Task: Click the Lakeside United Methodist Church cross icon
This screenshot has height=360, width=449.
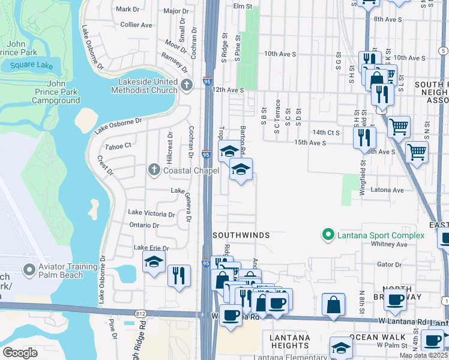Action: pos(186,85)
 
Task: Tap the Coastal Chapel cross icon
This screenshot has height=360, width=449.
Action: pos(154,171)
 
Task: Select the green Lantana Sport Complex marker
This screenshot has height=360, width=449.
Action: pos(328,235)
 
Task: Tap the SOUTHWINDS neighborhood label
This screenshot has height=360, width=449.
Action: pos(240,235)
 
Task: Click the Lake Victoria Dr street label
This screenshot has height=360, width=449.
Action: pos(151,214)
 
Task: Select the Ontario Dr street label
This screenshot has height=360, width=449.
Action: pos(144,226)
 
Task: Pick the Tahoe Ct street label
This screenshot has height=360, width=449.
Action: pos(118,146)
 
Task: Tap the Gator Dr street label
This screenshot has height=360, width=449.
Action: pos(388,264)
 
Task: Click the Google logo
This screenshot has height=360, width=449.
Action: pos(20,352)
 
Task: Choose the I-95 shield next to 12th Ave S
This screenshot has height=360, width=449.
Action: pos(206,89)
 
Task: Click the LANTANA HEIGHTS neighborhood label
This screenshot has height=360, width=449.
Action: pos(289,341)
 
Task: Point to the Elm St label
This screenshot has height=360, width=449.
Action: pos(241,6)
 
